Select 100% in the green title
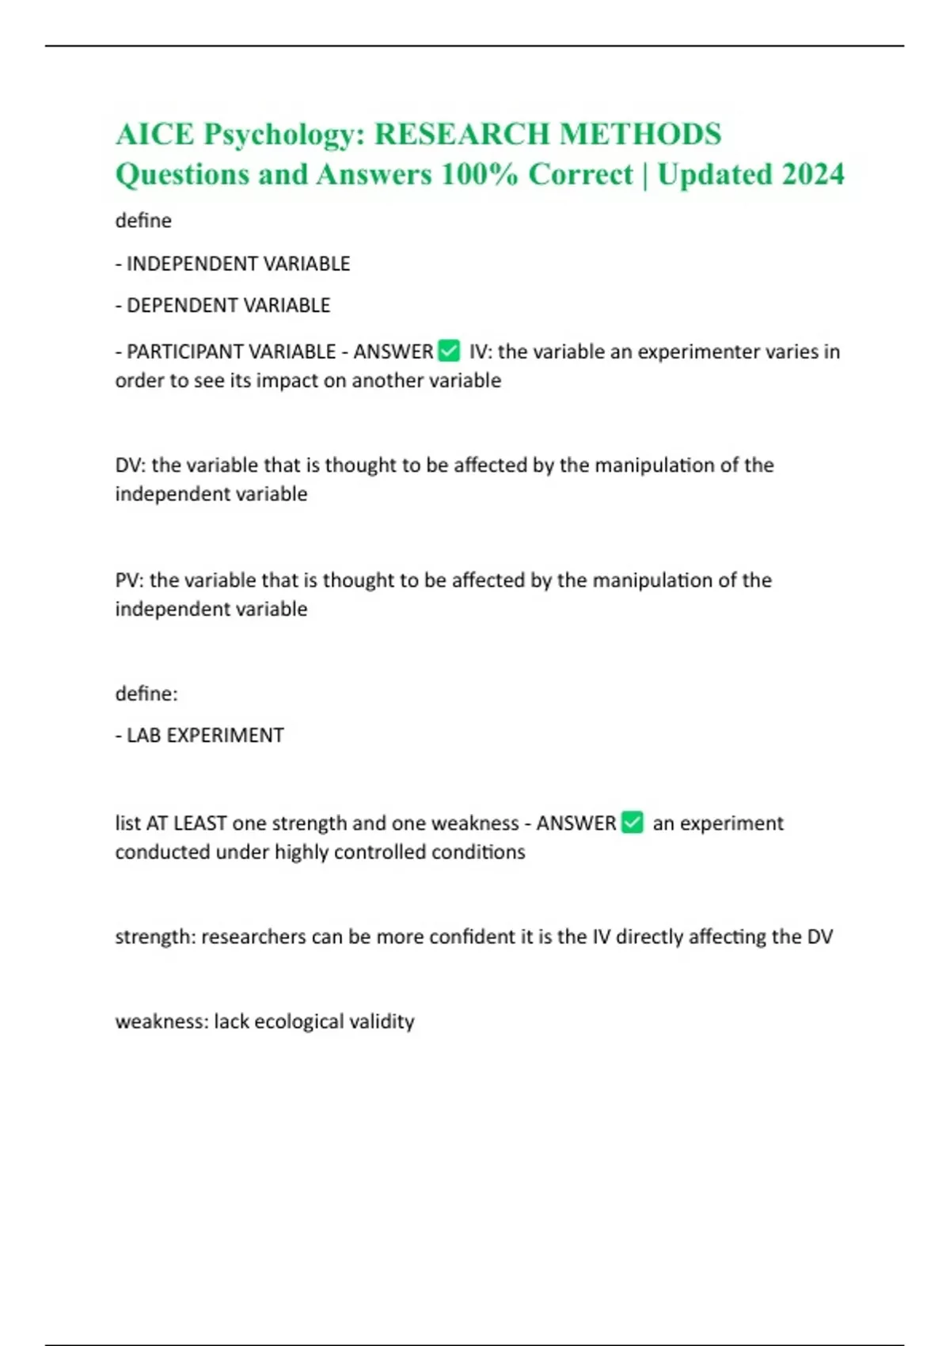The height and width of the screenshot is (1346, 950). pyautogui.click(x=478, y=174)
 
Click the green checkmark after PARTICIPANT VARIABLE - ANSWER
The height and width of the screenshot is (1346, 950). pyautogui.click(x=449, y=350)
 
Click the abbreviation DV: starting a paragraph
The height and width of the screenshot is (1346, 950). pyautogui.click(x=131, y=465)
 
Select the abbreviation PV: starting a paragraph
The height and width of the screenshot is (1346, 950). pyautogui.click(x=130, y=580)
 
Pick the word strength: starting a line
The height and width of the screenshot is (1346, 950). pyautogui.click(x=155, y=937)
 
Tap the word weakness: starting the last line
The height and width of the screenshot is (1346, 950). pyautogui.click(x=161, y=1021)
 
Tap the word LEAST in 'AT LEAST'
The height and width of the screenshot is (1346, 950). pyautogui.click(x=200, y=823)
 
